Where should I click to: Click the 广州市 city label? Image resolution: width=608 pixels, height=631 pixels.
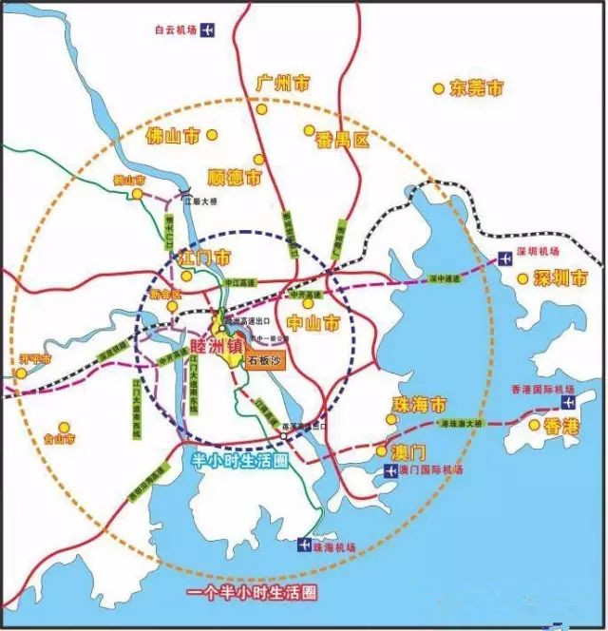282,85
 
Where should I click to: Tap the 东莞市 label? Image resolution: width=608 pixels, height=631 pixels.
477,88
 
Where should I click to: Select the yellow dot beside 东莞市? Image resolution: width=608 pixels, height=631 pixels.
438,88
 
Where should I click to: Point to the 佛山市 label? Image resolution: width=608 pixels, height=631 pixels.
173,137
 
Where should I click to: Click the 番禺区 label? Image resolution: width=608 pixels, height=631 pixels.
342,141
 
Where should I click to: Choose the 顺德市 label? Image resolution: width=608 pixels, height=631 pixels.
234,177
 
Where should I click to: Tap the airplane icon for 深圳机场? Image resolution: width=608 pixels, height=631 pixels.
505,258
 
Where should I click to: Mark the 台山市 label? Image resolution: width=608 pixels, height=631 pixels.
86,440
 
